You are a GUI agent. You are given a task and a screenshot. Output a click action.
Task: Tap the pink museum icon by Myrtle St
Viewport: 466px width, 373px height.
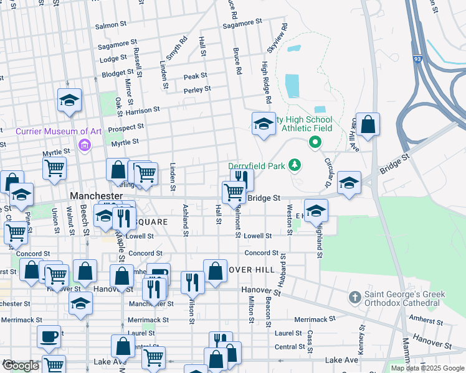pos(85,146)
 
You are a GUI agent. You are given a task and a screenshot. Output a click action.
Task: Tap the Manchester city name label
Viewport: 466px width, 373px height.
pos(94,195)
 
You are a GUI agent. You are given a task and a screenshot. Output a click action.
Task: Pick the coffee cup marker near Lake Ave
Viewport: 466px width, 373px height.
pos(49,337)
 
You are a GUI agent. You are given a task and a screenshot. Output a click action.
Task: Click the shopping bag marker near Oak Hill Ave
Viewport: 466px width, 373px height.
pos(368,124)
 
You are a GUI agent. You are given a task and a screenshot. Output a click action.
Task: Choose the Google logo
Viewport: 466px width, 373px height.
pos(20,366)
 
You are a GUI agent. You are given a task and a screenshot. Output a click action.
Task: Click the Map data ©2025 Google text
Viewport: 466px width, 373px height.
pos(427,368)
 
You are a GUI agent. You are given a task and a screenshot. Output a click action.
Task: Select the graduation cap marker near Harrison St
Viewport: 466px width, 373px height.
pos(69,99)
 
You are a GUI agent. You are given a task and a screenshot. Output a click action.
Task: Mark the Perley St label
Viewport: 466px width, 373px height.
pos(197,90)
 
